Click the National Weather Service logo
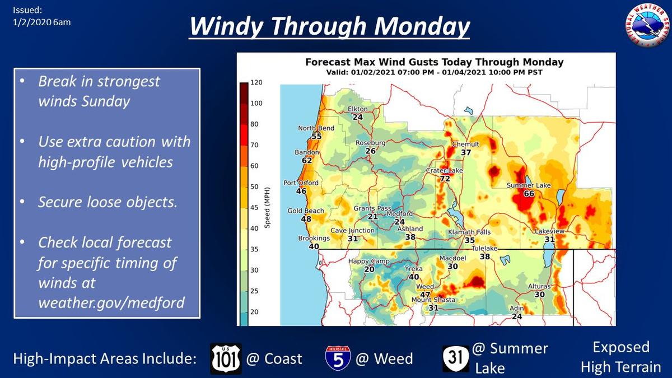pos(648,26)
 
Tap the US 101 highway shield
pos(226,358)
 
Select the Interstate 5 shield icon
pos(338,358)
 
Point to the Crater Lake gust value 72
pos(445,179)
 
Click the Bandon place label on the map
pos(307,152)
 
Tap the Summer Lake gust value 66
pos(529,194)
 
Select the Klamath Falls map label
pos(469,232)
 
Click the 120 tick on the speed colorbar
pos(256,82)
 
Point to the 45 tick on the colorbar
pos(254,207)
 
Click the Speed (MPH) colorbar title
pos(267,208)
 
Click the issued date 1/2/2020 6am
pos(41,22)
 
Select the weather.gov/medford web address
pos(111,302)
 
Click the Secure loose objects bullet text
pos(108,202)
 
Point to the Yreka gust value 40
pos(414,277)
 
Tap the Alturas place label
pos(539,286)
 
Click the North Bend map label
pos(316,128)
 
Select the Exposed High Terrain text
pos(621,357)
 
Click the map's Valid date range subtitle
pos(434,72)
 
